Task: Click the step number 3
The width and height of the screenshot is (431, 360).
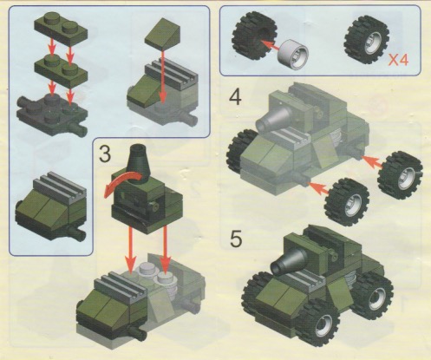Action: [105, 154]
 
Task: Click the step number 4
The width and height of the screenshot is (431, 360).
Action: [235, 97]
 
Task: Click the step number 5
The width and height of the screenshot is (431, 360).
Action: [236, 239]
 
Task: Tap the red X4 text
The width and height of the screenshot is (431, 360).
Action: [398, 60]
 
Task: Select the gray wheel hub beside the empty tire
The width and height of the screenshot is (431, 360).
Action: [293, 55]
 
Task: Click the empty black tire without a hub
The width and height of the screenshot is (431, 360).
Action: [254, 36]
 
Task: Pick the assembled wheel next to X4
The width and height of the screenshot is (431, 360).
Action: [366, 40]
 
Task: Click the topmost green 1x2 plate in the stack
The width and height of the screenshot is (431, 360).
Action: [61, 29]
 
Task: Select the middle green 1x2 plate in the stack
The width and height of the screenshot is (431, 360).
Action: [61, 71]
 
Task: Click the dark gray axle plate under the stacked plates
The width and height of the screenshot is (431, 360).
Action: [52, 115]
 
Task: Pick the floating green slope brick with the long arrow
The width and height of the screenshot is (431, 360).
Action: [162, 33]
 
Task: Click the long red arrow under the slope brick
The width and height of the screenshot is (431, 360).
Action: [163, 75]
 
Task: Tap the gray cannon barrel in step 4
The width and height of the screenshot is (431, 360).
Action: [273, 118]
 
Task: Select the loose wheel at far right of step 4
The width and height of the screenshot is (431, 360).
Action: [400, 174]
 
